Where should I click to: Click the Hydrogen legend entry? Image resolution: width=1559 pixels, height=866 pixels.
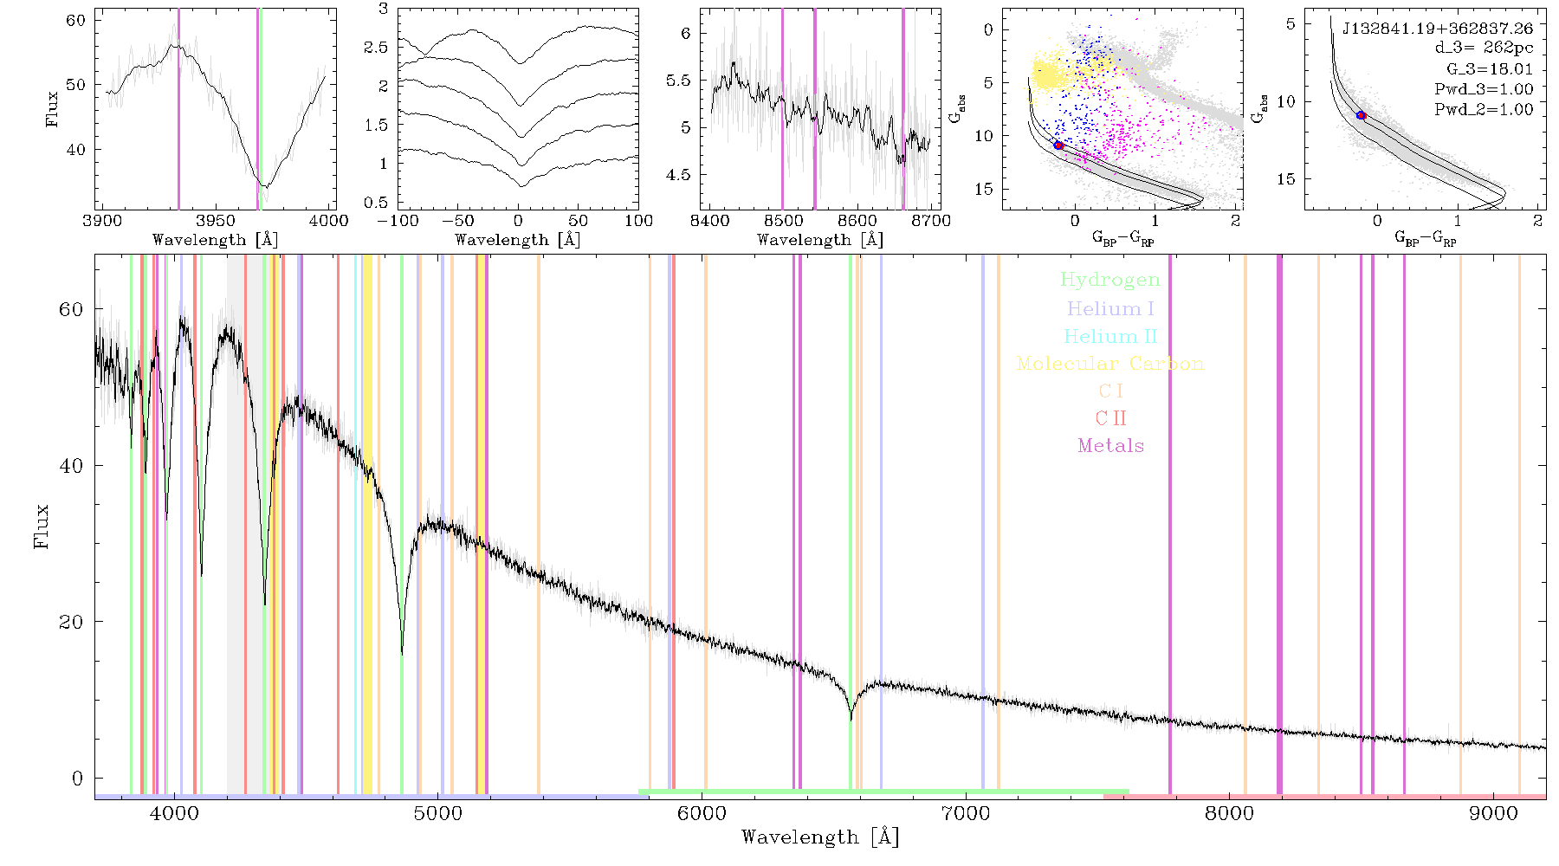1110,280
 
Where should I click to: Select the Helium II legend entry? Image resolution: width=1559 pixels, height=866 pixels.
1110,336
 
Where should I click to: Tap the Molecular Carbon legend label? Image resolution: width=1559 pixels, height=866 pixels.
1110,364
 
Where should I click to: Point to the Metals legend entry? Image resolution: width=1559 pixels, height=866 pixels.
1111,446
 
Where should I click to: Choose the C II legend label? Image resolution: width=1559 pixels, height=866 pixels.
1111,418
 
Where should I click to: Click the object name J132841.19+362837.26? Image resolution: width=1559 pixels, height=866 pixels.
1438,29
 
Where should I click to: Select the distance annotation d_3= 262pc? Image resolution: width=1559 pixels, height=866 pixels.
1482,48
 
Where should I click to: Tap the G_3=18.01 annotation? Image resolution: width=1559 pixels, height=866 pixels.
1490,69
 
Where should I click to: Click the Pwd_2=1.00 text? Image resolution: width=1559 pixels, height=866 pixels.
1484,110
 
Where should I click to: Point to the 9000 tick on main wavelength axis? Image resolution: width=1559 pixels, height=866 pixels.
1492,813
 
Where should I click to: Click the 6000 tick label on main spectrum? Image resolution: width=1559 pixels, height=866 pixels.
702,813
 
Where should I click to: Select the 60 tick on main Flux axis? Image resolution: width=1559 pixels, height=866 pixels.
71,309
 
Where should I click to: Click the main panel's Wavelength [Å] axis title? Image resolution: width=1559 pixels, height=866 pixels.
820,837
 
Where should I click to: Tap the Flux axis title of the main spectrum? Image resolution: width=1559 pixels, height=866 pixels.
41,526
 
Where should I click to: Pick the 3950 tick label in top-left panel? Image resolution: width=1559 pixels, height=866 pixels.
216,221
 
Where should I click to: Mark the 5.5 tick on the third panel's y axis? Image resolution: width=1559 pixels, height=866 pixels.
679,81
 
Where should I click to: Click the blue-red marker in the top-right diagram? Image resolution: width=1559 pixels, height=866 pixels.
1361,115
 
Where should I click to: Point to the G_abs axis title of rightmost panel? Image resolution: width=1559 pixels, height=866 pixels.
1260,107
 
